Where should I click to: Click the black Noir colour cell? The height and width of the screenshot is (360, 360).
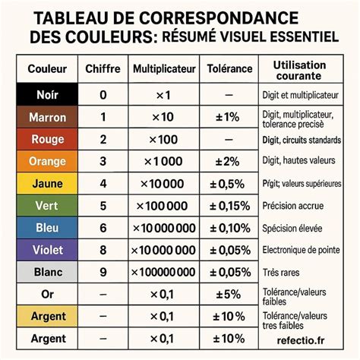(47, 96)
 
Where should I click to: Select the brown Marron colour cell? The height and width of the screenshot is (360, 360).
(47, 118)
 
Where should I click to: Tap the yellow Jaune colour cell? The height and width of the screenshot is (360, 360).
(47, 184)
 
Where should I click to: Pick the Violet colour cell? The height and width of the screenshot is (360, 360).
(47, 250)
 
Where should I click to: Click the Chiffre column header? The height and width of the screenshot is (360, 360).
(103, 69)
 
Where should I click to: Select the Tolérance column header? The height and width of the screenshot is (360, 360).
(229, 69)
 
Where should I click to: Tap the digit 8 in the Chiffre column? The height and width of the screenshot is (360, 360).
(103, 250)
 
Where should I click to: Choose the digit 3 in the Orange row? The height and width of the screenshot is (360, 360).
(103, 162)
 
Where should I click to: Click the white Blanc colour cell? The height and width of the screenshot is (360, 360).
(47, 272)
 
